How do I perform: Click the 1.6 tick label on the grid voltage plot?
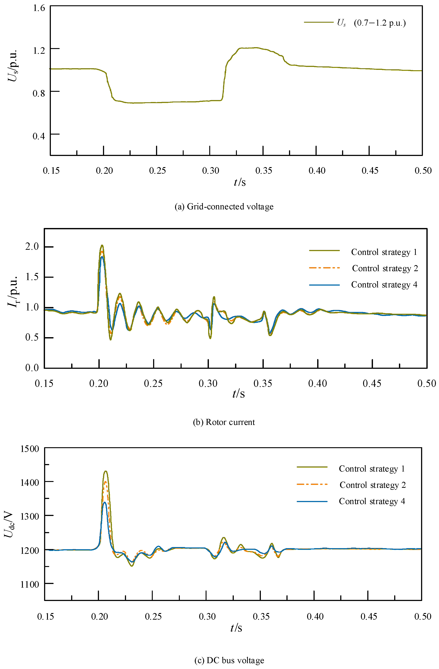click(39, 8)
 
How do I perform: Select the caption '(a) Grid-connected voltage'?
click(224, 207)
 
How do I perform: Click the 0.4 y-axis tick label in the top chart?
click(39, 136)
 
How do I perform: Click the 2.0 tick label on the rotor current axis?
click(32, 246)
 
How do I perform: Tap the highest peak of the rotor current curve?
click(102, 245)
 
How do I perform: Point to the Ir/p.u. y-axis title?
click(13, 291)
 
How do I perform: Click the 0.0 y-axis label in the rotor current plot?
click(32, 368)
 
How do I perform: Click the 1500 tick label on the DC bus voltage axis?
click(29, 449)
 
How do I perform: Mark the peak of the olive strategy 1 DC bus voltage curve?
click(106, 471)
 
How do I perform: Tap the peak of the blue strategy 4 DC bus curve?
click(104, 502)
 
